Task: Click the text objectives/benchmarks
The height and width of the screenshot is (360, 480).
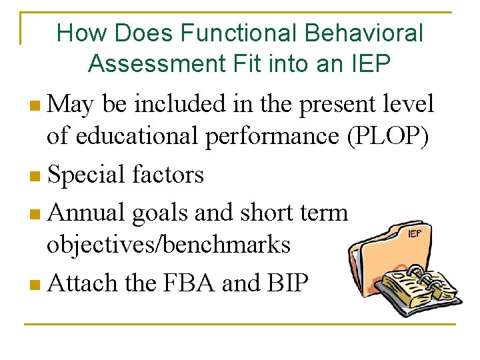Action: click(168, 245)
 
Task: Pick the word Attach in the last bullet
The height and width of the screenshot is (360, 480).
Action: click(84, 283)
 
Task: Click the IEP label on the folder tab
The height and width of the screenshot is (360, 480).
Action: click(413, 234)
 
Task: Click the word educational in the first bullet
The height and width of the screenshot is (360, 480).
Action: click(137, 135)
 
